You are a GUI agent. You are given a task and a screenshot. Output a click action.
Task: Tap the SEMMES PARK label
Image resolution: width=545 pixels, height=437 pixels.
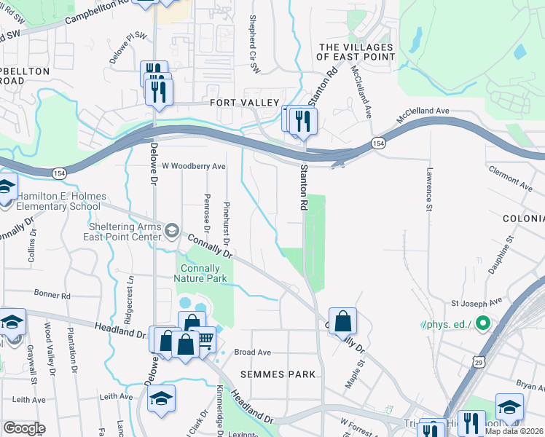281,374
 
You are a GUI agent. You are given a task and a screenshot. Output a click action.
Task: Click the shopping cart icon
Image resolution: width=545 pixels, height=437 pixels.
206,339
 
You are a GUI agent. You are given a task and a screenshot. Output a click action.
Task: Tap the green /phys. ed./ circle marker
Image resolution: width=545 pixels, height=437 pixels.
481,323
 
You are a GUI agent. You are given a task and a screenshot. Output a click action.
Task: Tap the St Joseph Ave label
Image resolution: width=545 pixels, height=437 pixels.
477,302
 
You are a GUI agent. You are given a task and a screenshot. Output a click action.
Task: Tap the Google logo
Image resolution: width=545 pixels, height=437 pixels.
24,428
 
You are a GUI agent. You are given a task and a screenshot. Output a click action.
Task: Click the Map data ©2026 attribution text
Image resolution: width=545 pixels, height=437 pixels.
514,431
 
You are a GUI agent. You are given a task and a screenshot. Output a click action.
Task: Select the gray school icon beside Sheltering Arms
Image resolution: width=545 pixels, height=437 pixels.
171,231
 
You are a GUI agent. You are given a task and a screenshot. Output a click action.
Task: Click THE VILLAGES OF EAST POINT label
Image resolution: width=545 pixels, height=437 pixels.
356,52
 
